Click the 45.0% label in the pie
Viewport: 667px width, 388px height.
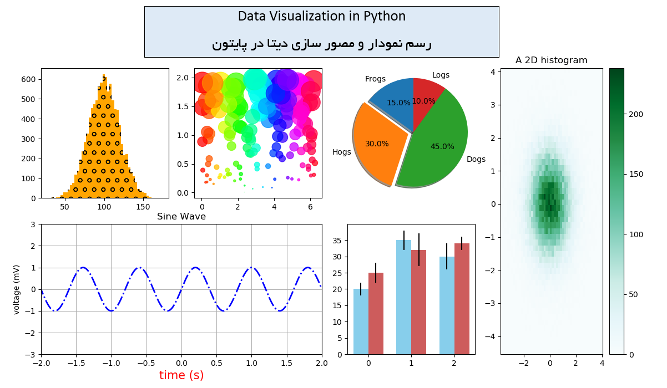[x=442, y=147]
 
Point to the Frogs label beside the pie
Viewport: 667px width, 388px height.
[x=375, y=79]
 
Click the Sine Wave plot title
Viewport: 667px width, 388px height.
[x=181, y=217]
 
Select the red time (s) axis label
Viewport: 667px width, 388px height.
[x=181, y=375]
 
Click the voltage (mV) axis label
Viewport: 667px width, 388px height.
[x=17, y=289]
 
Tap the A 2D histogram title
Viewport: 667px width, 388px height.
[x=551, y=60]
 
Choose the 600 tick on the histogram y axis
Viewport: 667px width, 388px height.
[x=29, y=79]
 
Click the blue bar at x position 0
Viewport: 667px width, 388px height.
[x=361, y=321]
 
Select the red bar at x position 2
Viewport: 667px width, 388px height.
[x=462, y=299]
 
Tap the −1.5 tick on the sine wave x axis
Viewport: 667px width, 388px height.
[x=76, y=363]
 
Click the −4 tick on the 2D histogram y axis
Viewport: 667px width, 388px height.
[x=492, y=337]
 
